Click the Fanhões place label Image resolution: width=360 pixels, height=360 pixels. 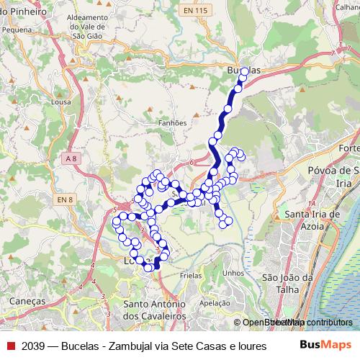171,122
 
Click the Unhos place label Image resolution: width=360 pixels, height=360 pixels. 234,273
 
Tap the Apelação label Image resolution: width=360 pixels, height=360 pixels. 214,303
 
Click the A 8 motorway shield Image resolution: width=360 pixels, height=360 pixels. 70,158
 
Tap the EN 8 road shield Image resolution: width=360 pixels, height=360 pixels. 65,199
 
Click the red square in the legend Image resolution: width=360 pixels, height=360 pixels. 10,346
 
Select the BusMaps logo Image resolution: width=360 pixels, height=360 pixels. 325,346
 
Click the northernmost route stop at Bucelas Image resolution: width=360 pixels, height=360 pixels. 244,71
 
